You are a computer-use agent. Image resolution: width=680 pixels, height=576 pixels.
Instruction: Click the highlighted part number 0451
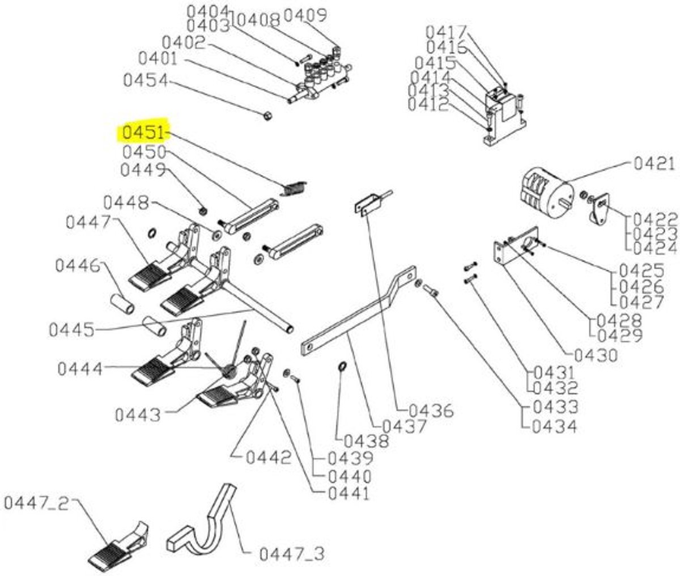coord(143,133)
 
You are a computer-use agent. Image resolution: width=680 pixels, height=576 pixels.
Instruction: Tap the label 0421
coord(654,164)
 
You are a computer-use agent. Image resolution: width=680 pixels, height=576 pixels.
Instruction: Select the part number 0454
coord(146,81)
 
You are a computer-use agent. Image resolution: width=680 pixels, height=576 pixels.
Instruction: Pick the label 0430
coord(596,355)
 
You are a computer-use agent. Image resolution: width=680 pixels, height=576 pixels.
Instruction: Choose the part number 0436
coord(431,411)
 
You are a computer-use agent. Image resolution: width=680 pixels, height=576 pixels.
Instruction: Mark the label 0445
coord(72,330)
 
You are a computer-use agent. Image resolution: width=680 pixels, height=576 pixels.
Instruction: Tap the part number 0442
coord(269,458)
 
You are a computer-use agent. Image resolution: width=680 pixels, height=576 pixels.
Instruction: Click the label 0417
coord(447,32)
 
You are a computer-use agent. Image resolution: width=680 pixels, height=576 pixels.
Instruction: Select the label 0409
coord(305,15)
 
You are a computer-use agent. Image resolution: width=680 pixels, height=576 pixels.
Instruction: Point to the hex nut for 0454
coord(268,116)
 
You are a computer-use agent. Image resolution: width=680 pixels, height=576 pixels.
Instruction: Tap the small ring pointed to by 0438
coord(342,366)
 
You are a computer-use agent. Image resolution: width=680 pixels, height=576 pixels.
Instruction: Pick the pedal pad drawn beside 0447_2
coord(119,543)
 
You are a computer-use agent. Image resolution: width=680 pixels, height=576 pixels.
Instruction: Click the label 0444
coord(80,369)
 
